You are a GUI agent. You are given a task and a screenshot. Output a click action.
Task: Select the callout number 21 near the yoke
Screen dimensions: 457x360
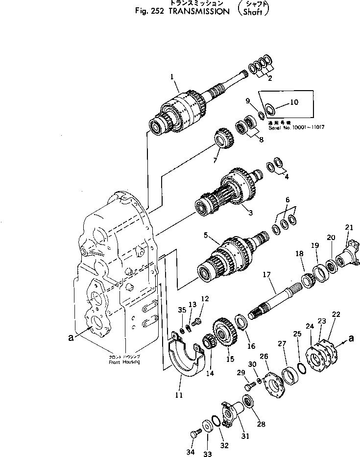tap(348, 227)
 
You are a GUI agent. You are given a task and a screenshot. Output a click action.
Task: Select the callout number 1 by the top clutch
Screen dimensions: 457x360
tap(172, 76)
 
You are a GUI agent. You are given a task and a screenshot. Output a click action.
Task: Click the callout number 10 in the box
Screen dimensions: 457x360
tap(294, 102)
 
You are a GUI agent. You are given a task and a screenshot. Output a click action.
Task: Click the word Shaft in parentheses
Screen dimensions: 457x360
tap(256, 12)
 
